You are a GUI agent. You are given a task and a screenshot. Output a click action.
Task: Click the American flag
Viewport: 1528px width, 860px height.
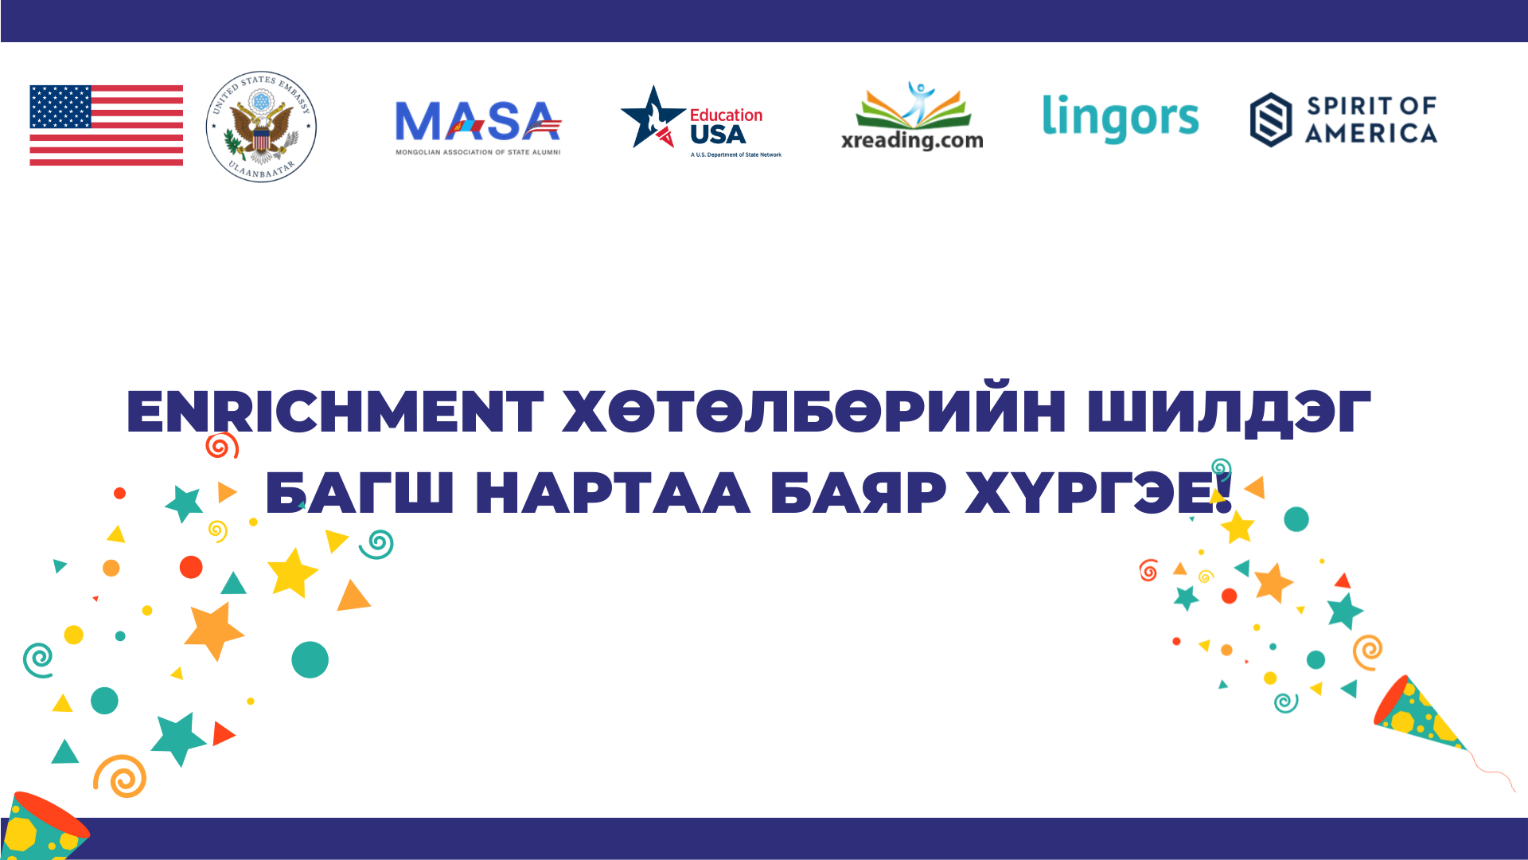(x=107, y=125)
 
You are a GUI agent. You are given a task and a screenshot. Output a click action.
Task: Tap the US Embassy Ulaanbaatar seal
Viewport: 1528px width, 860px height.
(x=261, y=126)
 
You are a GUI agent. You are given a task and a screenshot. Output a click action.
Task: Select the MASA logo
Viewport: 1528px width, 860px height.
(x=478, y=127)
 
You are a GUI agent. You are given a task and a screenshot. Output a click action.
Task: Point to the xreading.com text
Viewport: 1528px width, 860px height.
(x=912, y=140)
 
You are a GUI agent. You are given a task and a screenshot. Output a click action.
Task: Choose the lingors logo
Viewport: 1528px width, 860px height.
(x=1121, y=118)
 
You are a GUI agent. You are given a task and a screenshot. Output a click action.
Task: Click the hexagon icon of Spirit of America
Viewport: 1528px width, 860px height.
(x=1270, y=119)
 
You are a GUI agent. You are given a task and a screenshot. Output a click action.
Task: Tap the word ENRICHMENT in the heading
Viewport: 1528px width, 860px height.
(x=335, y=412)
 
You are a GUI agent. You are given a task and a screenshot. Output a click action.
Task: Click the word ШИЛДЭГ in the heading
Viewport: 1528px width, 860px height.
(x=1229, y=412)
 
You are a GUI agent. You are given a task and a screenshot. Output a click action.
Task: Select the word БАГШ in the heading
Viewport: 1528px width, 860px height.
(x=360, y=492)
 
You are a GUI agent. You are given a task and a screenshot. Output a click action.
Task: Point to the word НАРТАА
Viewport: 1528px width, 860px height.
(x=613, y=492)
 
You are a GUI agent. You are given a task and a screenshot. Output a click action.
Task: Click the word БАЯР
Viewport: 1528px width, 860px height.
(x=859, y=492)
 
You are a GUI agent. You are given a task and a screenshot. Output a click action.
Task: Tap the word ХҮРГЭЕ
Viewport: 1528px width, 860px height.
(x=1098, y=492)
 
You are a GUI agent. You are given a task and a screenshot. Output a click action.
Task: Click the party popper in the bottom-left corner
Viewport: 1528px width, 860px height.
(x=45, y=827)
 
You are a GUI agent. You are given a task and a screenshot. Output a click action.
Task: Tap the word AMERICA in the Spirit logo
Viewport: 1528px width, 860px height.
(x=1371, y=133)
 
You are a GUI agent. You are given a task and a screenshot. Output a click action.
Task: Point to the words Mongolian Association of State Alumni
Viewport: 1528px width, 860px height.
(x=478, y=152)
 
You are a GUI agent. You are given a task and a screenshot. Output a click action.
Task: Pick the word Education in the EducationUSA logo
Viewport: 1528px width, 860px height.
(x=726, y=115)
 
